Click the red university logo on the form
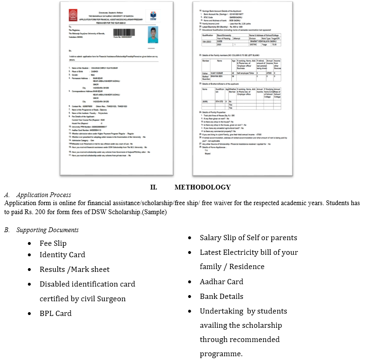pyautogui.click(x=73, y=15)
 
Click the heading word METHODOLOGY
pyautogui.click(x=202, y=187)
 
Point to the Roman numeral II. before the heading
pyautogui.click(x=153, y=187)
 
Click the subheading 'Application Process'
pyautogui.click(x=44, y=195)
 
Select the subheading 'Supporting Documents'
pyautogui.click(x=47, y=230)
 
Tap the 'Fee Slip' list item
pyautogui.click(x=53, y=243)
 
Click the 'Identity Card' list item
pyautogui.click(x=62, y=255)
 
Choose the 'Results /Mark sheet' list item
pyautogui.click(x=74, y=270)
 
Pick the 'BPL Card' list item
pyautogui.click(x=55, y=314)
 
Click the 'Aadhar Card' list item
pyautogui.click(x=221, y=282)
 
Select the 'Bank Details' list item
pyautogui.click(x=221, y=297)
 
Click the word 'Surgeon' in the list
pyautogui.click(x=111, y=299)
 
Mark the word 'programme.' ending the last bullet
pyautogui.click(x=221, y=354)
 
